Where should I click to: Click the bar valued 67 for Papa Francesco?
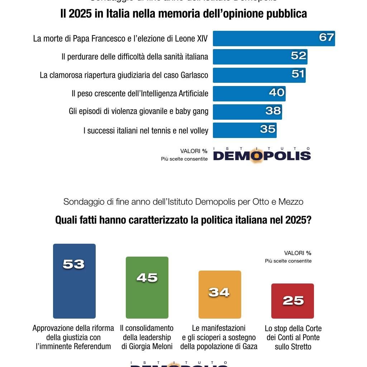point(273,38)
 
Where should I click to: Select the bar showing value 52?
point(260,57)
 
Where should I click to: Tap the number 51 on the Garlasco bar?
point(298,74)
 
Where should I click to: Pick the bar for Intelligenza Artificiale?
point(249,94)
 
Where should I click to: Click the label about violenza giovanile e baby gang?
point(138,111)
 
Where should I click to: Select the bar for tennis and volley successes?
point(244,130)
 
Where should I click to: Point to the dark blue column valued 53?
point(74,281)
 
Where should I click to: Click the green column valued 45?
point(147,287)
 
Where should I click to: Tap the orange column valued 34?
point(220,295)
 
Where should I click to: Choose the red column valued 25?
point(292,301)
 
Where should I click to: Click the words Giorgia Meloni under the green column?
point(147,347)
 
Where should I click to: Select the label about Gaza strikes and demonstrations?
point(219,338)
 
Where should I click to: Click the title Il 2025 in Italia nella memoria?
point(183,14)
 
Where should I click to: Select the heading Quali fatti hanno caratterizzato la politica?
point(183,220)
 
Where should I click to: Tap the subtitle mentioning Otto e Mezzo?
point(183,202)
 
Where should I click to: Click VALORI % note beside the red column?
point(297,253)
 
